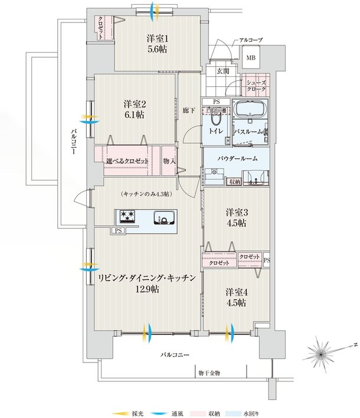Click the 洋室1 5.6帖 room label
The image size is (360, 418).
[x=156, y=44]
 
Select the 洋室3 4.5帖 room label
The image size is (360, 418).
[x=235, y=217]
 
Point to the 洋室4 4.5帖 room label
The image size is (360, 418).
[x=235, y=297]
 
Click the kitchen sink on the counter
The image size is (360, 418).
[x=162, y=217]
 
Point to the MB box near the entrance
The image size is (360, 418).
[x=250, y=58]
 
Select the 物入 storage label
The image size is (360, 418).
[x=169, y=161]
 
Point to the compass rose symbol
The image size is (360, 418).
[x=322, y=354]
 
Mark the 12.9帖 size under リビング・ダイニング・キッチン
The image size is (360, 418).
[x=146, y=289]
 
